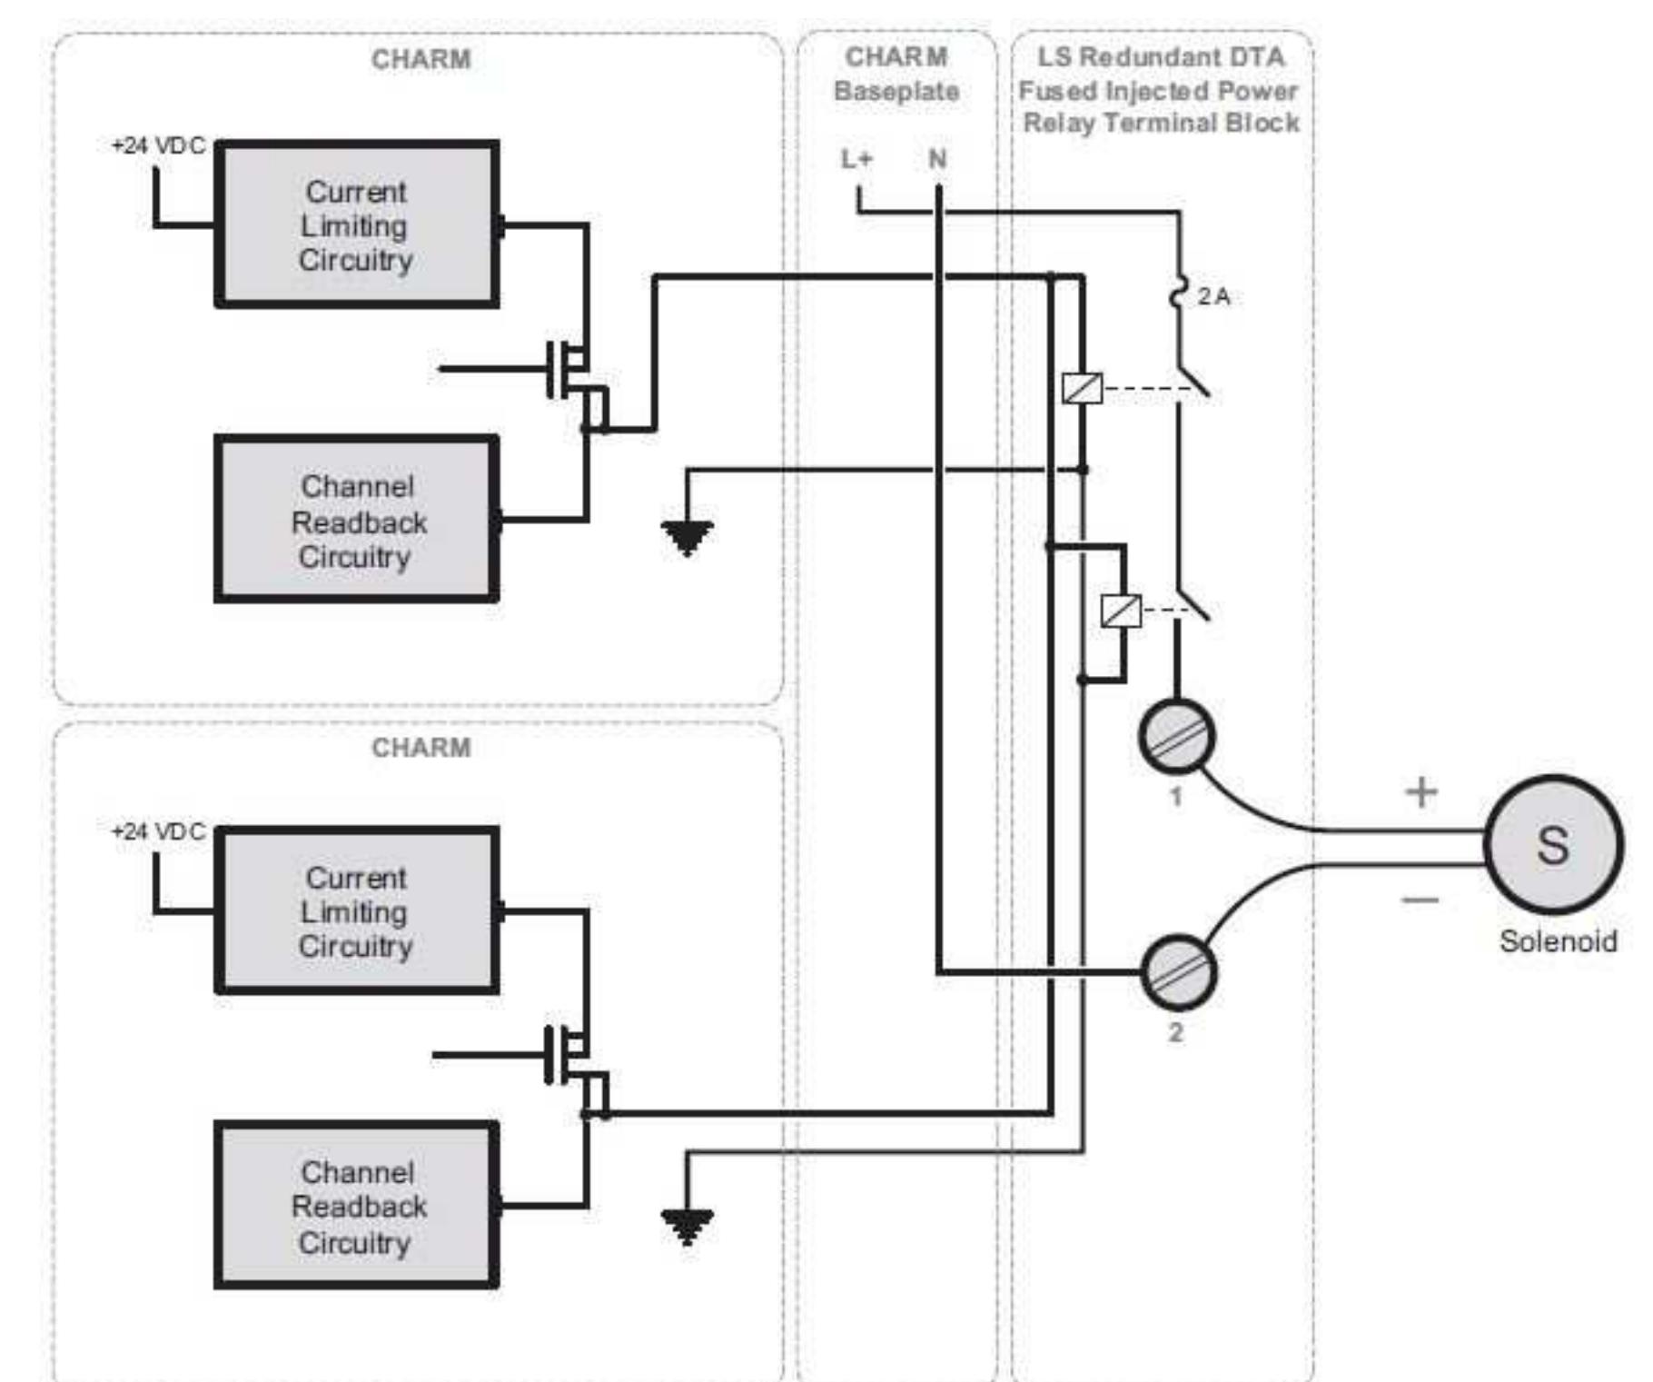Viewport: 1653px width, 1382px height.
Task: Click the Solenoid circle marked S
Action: point(1552,844)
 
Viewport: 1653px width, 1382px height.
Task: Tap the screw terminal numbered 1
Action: point(1176,737)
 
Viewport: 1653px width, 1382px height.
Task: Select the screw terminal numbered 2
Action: point(1177,973)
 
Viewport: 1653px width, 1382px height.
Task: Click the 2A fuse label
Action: point(1213,296)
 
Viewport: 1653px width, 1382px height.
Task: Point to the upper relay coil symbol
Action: point(1082,389)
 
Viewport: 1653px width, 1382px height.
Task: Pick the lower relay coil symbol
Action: point(1120,610)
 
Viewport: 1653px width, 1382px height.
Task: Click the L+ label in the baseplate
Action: point(856,160)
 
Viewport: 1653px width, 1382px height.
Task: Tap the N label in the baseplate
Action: point(937,160)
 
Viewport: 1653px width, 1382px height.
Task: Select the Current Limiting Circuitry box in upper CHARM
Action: point(356,224)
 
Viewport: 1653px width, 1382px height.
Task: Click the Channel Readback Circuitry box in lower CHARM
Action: point(356,1206)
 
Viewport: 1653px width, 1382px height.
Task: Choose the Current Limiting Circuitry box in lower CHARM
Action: point(356,910)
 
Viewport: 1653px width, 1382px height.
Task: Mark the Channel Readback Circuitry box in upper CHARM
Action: point(356,520)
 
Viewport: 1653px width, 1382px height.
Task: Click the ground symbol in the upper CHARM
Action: point(687,537)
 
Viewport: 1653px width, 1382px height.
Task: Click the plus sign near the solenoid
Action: point(1420,792)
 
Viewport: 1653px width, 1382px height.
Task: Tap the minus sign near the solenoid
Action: point(1420,900)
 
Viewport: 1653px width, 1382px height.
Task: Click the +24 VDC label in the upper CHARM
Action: point(158,145)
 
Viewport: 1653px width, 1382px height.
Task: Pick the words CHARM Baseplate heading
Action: point(896,74)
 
